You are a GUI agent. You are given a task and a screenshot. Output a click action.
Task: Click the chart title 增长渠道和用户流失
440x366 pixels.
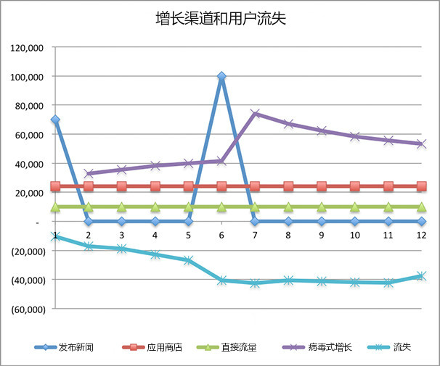[x=220, y=18]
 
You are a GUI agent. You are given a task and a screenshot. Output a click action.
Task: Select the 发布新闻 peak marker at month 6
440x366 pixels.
[x=221, y=76]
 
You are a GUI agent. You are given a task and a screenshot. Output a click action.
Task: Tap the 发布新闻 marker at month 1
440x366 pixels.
[x=55, y=120]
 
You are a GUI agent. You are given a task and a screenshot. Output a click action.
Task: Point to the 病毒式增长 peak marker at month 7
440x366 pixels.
[x=255, y=114]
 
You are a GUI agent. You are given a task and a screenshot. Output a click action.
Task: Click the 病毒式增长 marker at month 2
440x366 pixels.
[x=89, y=174]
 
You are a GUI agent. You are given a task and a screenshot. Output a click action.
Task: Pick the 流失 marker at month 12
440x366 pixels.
[x=421, y=276]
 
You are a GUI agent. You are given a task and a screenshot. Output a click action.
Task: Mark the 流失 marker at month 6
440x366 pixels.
[x=221, y=280]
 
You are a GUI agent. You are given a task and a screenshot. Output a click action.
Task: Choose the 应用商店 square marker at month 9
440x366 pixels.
[x=322, y=186]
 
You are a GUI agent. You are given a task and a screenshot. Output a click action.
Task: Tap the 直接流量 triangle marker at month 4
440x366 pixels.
[x=155, y=207]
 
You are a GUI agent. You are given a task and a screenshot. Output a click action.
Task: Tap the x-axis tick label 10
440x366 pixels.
[x=355, y=236]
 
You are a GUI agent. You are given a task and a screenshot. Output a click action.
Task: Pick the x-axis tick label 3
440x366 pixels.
[x=122, y=236]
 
